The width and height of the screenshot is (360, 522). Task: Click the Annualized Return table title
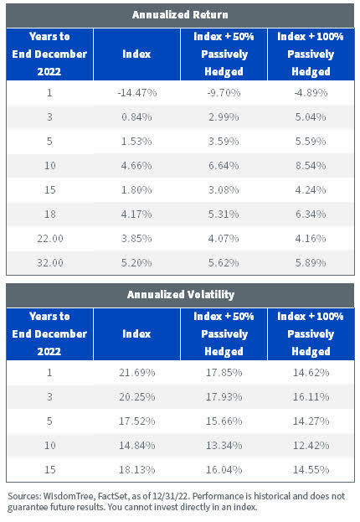[179, 14]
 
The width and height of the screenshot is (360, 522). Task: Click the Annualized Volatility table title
[179, 294]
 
